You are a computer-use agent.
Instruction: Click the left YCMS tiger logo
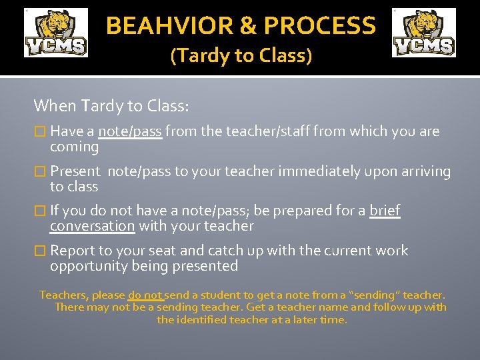[56, 33]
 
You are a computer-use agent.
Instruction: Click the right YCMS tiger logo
[424, 33]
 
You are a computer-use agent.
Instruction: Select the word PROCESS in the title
[319, 26]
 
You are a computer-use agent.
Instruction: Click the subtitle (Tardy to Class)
[241, 55]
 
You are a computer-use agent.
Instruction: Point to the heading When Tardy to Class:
[111, 105]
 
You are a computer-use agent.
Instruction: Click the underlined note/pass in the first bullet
[129, 131]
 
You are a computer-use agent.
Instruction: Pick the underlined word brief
[385, 211]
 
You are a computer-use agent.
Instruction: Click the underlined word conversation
[92, 226]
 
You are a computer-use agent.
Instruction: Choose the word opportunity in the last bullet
[87, 266]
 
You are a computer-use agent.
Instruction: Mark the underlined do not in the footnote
[145, 295]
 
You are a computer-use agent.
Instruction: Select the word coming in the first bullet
[74, 147]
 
